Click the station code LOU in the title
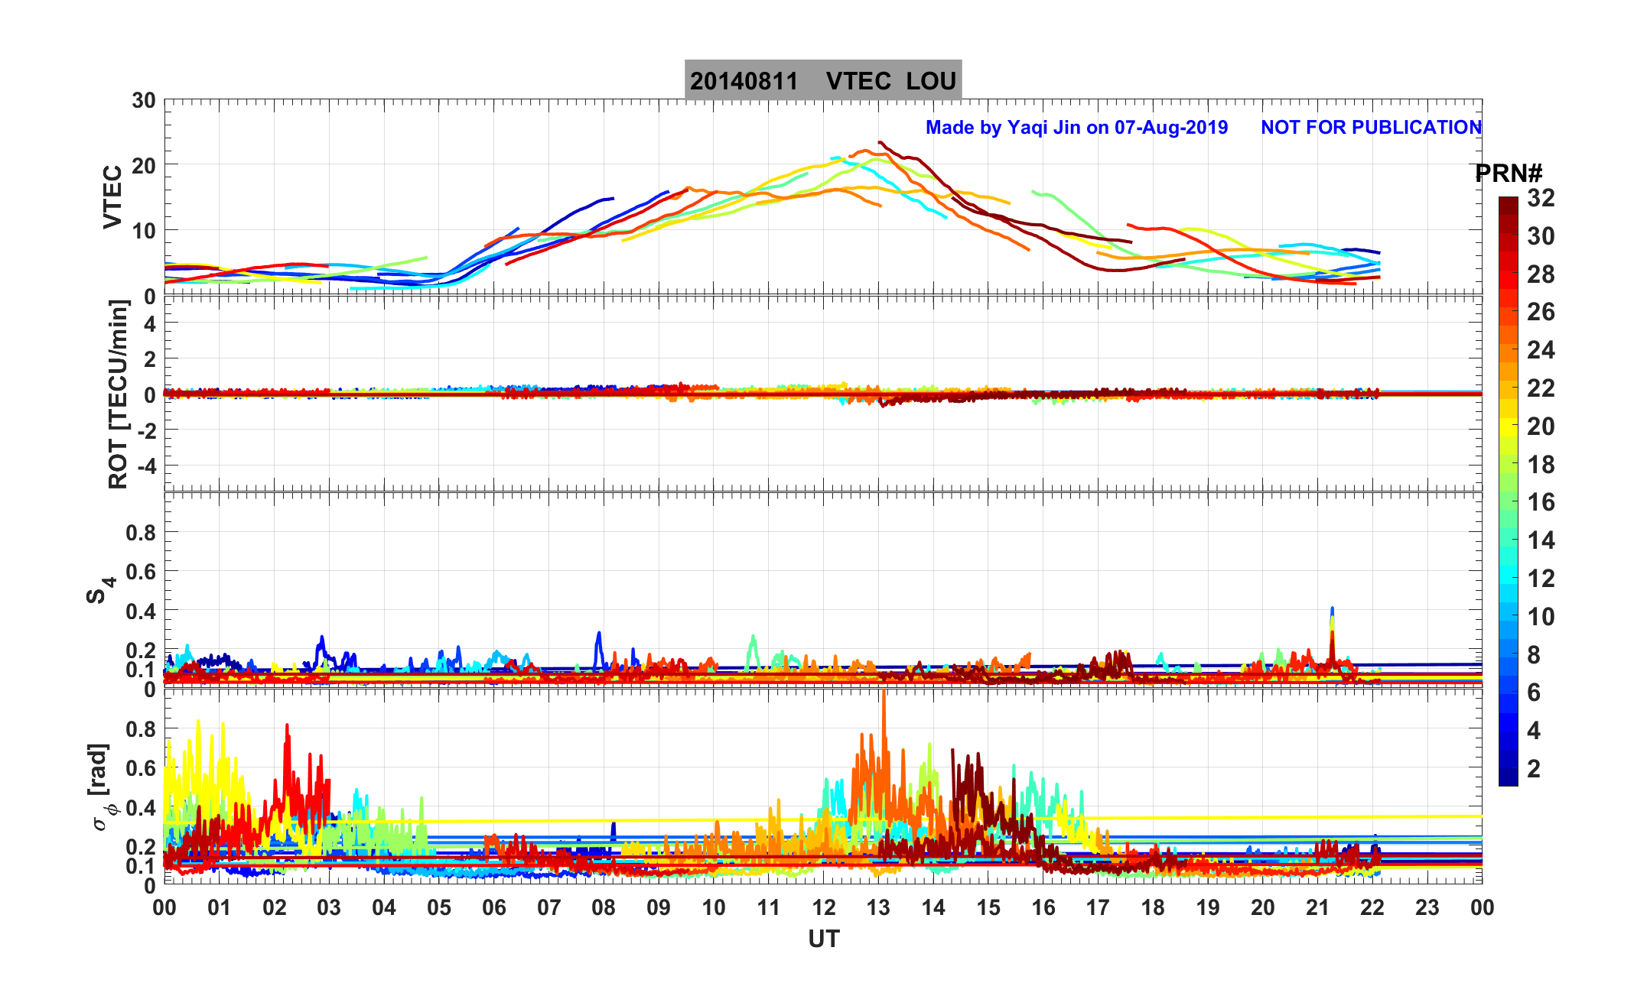931,81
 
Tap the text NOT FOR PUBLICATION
1371,128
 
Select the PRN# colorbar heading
1508,174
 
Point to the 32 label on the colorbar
1541,198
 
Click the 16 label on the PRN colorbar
1541,502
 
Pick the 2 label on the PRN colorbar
1533,769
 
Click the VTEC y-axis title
112,196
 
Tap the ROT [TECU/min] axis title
118,394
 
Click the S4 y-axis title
99,589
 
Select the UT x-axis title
823,939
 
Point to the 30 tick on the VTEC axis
143,101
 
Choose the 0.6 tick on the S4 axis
141,571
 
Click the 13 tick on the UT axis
878,908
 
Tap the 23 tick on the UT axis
1427,908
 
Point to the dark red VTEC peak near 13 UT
880,143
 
